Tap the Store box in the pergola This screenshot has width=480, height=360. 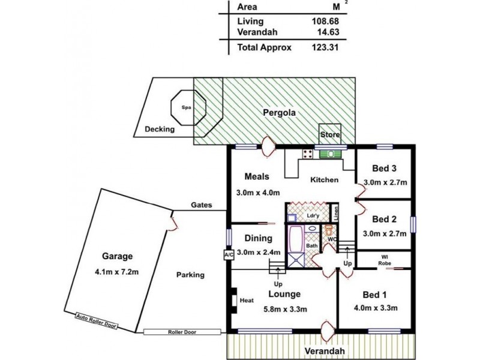point(329,134)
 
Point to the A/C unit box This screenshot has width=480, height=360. point(228,254)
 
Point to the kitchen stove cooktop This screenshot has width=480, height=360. point(307,154)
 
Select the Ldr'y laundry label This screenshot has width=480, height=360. point(312,215)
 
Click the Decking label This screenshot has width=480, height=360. point(160,129)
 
